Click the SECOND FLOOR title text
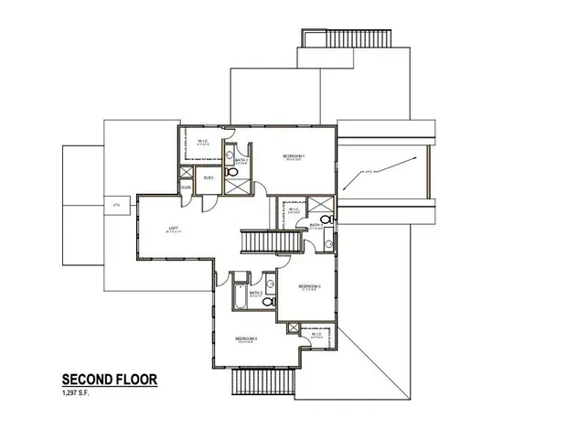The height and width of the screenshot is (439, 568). coord(110,379)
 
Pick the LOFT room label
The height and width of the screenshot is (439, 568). coord(172,229)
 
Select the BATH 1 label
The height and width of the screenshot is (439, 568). coord(241,160)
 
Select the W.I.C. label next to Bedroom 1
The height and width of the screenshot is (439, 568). coord(205,140)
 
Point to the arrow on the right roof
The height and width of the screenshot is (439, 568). coord(379,168)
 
